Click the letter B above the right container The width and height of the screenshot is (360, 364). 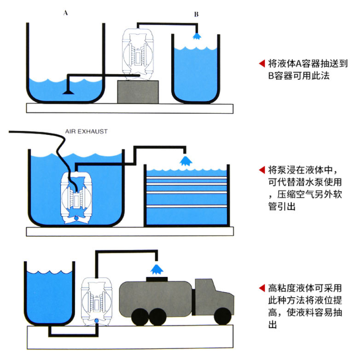[x=196, y=14]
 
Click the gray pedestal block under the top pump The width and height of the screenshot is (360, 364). [x=139, y=91]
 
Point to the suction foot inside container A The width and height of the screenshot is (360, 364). [x=67, y=92]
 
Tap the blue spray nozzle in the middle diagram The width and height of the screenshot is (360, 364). [x=185, y=160]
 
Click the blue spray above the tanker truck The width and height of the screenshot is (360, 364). [x=157, y=268]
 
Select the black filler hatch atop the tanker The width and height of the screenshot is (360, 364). [x=157, y=279]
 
